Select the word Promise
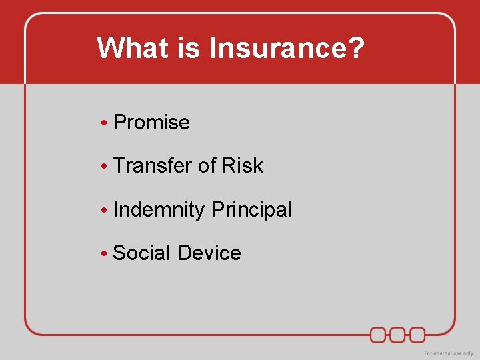(152, 123)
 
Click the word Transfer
(153, 166)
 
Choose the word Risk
(243, 166)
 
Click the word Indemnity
(159, 210)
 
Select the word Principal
(252, 210)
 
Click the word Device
(209, 253)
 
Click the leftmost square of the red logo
(379, 334)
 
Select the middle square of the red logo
(398, 334)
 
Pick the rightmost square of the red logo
(417, 334)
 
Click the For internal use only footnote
(449, 353)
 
